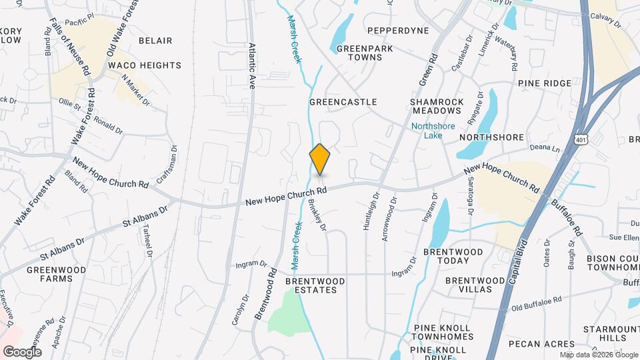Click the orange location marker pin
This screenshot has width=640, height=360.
coord(320,159)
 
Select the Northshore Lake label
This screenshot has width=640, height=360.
coord(428,129)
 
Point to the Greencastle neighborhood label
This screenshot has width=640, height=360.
coord(343,102)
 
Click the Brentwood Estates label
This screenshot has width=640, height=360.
coord(315,285)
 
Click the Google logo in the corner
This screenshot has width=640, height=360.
coord(22,351)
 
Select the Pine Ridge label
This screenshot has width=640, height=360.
coord(544,83)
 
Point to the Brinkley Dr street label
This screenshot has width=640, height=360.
coord(318,215)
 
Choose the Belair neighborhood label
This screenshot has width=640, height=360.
coord(155,41)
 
